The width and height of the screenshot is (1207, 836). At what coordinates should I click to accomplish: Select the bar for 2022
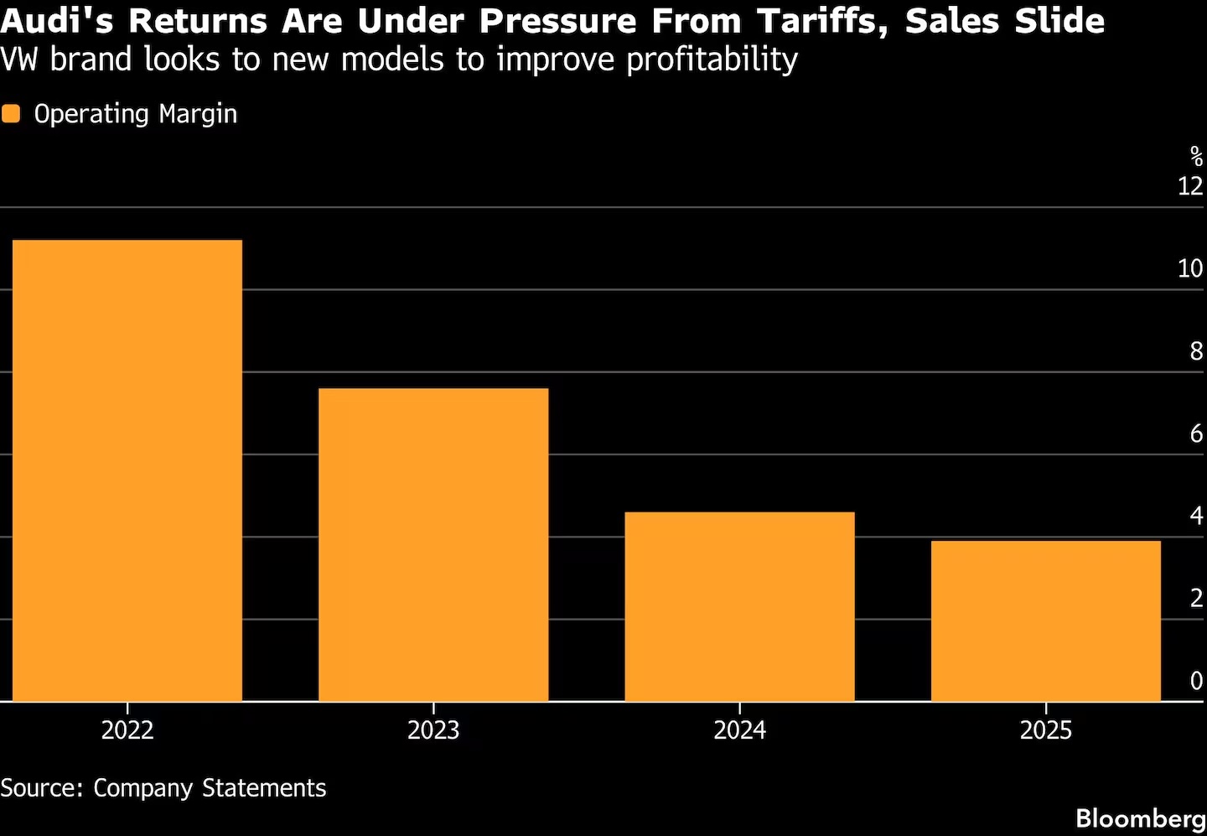pyautogui.click(x=127, y=470)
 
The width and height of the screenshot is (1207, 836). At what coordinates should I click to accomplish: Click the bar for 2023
pyautogui.click(x=433, y=544)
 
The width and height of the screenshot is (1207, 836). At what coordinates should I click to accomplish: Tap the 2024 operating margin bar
pyautogui.click(x=739, y=606)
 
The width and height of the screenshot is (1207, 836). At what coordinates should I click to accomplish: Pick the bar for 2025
pyautogui.click(x=1045, y=621)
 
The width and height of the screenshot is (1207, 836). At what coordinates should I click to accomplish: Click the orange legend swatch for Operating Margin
pyautogui.click(x=11, y=114)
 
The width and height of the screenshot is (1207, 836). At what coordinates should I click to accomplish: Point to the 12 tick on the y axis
pyautogui.click(x=1190, y=186)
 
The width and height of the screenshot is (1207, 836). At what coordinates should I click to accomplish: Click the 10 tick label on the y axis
pyautogui.click(x=1190, y=268)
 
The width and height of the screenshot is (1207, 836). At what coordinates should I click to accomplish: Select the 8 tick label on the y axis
pyautogui.click(x=1196, y=351)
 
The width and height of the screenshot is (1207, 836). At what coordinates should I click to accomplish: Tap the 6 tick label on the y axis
pyautogui.click(x=1196, y=434)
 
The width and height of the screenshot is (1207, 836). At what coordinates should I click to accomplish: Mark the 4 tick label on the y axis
pyautogui.click(x=1196, y=516)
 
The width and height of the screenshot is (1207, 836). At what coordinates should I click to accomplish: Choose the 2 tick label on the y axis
pyautogui.click(x=1196, y=598)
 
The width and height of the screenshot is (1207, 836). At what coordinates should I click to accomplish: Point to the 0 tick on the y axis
pyautogui.click(x=1196, y=681)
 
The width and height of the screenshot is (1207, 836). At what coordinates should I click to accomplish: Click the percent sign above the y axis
pyautogui.click(x=1196, y=157)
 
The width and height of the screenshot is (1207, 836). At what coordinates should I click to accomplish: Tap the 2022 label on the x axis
pyautogui.click(x=127, y=730)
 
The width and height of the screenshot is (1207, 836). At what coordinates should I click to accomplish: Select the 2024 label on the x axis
pyautogui.click(x=739, y=730)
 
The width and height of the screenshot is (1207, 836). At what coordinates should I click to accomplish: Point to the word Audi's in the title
pyautogui.click(x=58, y=21)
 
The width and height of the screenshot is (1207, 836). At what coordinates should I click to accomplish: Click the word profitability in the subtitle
pyautogui.click(x=712, y=60)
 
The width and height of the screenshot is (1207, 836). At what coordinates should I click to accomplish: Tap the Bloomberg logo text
pyautogui.click(x=1140, y=818)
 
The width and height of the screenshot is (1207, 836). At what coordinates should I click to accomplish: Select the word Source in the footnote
pyautogui.click(x=41, y=788)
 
